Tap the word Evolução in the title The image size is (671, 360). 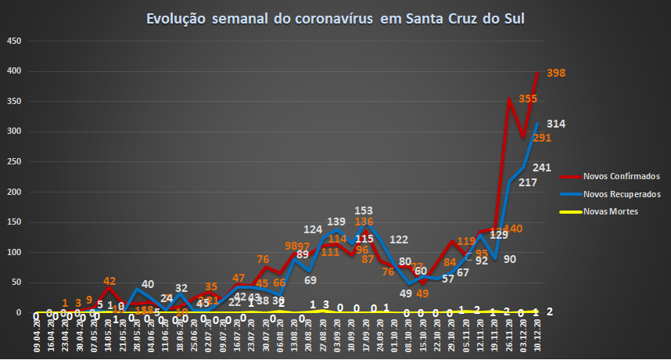pos(174,19)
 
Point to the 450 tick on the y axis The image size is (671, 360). pos(13,41)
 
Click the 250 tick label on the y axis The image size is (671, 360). pos(13,162)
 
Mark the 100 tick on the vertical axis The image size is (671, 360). pos(13,252)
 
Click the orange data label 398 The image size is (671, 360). pos(556,73)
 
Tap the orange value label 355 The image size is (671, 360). pos(528,99)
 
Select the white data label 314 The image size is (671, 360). pos(556,124)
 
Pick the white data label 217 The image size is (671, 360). pos(527,182)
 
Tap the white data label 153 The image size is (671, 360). pos(363,211)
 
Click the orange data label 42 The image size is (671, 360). pos(110,281)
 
